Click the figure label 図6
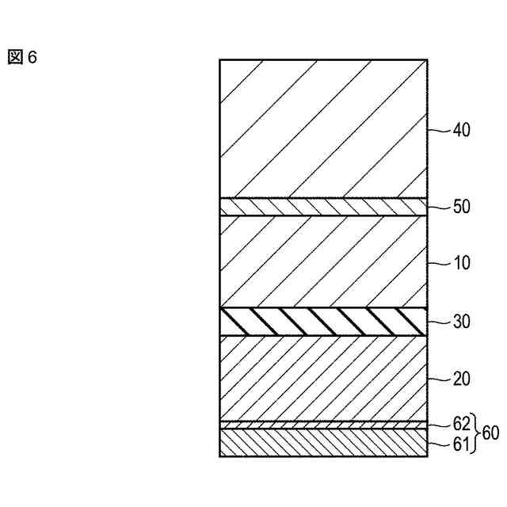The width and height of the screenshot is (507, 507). (x=22, y=58)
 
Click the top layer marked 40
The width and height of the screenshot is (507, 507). (x=323, y=128)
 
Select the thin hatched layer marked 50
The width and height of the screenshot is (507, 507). (x=323, y=207)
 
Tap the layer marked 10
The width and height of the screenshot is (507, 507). (x=323, y=261)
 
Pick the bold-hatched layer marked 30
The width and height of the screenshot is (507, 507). (x=323, y=322)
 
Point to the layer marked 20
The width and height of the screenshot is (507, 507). (x=323, y=378)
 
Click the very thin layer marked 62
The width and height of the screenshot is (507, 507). (x=323, y=425)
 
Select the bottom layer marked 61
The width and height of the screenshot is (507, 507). (x=323, y=443)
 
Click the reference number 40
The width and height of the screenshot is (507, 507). (x=460, y=130)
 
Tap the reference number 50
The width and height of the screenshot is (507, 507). (x=460, y=207)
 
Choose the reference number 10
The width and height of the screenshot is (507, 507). (x=460, y=263)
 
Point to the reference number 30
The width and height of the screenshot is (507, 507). (x=460, y=322)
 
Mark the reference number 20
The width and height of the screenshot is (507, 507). (x=460, y=379)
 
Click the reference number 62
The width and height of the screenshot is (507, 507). (x=460, y=421)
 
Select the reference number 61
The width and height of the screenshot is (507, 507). (x=460, y=444)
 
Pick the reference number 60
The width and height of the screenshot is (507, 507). (x=490, y=433)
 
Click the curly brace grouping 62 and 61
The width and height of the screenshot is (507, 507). (x=475, y=433)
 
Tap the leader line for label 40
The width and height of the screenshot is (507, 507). (x=439, y=129)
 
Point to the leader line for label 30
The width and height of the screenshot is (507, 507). (x=439, y=322)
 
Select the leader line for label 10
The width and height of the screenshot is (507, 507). (x=439, y=262)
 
